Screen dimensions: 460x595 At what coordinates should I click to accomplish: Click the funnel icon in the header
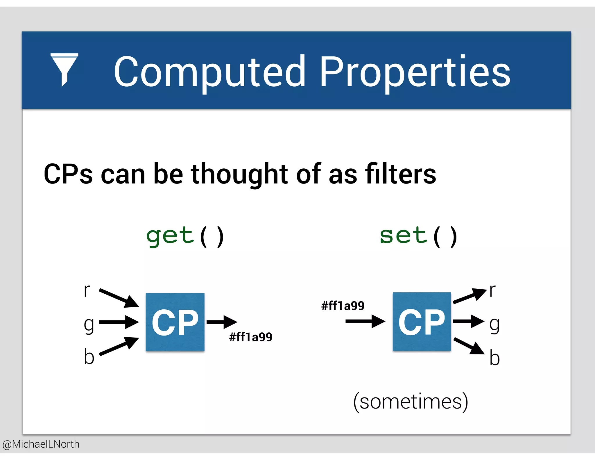coord(64,69)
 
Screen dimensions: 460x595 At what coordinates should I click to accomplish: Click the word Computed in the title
coord(209,72)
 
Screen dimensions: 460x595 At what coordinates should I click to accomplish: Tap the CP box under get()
coord(175,322)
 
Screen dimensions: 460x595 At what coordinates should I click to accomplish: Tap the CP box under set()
coord(422,322)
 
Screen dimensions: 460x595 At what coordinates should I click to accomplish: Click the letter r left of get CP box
coord(87,290)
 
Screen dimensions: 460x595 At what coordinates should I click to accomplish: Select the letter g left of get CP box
coord(89,325)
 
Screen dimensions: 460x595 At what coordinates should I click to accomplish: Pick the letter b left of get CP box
coord(89,356)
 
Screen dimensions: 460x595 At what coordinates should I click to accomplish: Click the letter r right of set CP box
coord(492,290)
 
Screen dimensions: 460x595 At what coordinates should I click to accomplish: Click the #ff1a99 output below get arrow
coord(250,337)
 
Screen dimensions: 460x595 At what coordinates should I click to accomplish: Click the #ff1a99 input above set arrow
coord(343,306)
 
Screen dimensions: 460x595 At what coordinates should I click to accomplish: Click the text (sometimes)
coord(411,402)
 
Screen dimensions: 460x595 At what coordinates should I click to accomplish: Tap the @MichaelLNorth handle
coord(41,444)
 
